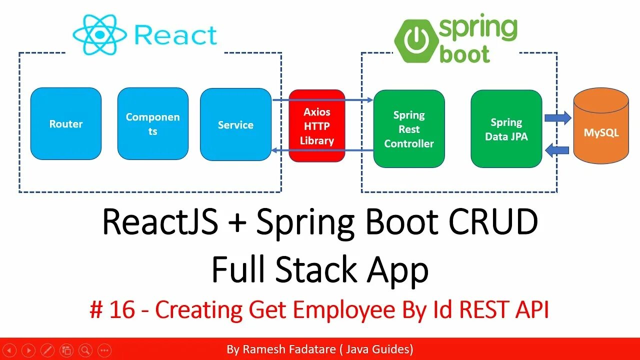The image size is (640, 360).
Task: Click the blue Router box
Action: tap(66, 124)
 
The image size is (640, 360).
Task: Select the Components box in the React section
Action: tap(152, 124)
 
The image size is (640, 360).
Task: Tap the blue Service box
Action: tap(235, 125)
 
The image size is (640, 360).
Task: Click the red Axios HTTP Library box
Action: tap(317, 126)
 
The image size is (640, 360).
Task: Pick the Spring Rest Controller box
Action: tap(409, 129)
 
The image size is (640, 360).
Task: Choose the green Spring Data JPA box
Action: tap(506, 129)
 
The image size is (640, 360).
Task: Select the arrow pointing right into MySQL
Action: tap(557, 118)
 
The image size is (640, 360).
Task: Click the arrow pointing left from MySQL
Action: tap(557, 149)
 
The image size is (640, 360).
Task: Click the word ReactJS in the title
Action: tap(160, 223)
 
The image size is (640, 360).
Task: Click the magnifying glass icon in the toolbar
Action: tap(85, 350)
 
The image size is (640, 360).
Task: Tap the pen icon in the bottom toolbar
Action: tap(47, 350)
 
